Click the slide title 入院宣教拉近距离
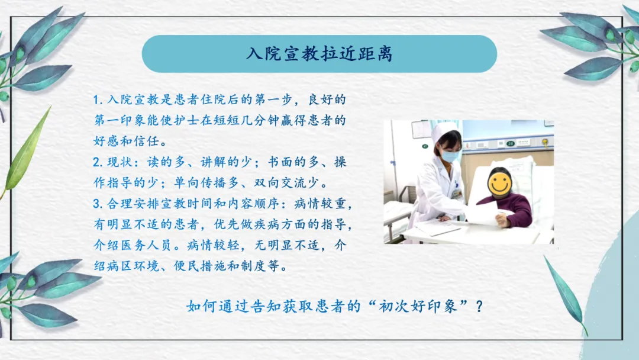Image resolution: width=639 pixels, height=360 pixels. pyautogui.click(x=319, y=54)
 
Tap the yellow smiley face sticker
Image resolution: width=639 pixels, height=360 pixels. pyautogui.click(x=499, y=183)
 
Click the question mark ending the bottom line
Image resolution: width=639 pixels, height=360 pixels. pyautogui.click(x=479, y=306)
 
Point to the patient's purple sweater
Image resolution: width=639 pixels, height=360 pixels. pyautogui.click(x=509, y=208)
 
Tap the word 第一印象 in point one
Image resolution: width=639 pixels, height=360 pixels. pyautogui.click(x=120, y=121)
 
